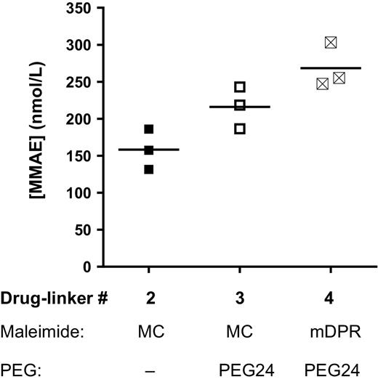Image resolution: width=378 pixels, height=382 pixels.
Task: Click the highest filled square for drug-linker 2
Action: pos(148,129)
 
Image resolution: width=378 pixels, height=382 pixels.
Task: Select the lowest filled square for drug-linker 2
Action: pos(148,169)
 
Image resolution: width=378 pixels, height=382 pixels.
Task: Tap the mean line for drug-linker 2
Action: pos(148,150)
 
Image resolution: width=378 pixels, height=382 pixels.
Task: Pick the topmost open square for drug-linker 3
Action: pos(240,87)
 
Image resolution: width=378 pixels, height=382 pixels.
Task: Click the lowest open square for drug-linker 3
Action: pos(240,129)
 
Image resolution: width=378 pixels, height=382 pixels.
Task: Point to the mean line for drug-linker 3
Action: pos(240,107)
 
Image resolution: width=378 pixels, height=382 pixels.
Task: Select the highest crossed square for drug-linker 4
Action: pos(331,42)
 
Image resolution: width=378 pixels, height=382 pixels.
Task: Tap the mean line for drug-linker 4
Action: pos(331,68)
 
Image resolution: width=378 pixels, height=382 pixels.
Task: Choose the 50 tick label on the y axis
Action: pos(85,230)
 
